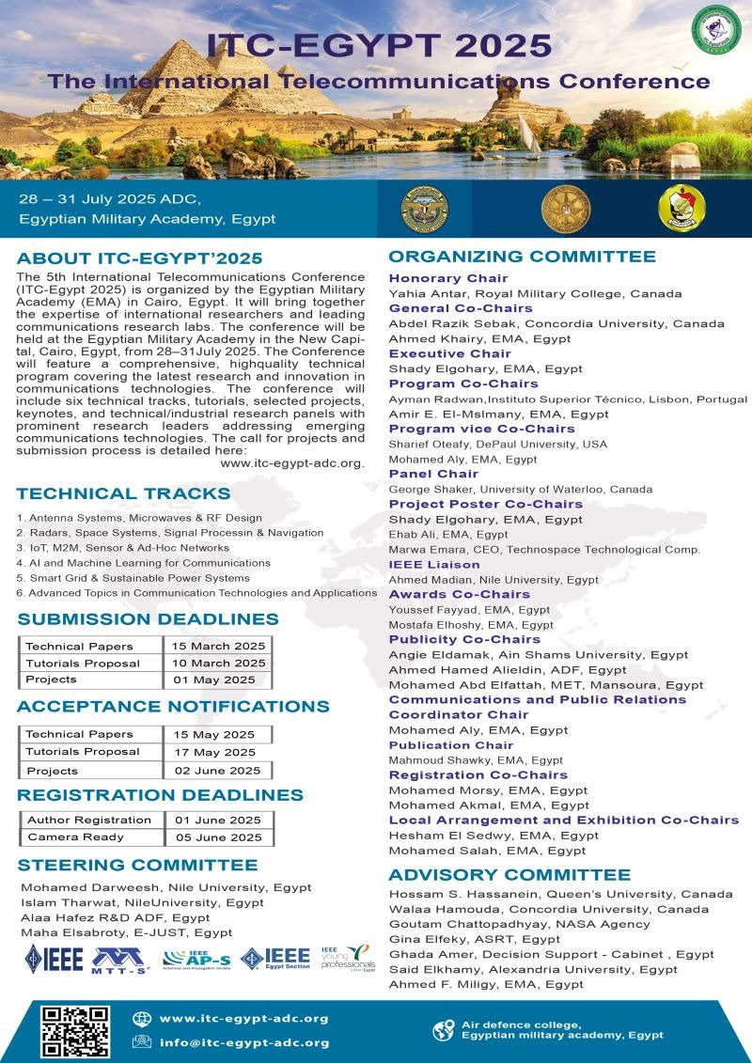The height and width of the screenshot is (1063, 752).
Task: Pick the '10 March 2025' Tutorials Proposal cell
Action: coord(217,663)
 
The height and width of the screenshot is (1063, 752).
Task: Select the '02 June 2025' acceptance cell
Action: coord(218,770)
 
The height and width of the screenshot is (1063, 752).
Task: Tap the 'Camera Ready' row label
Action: coord(63,836)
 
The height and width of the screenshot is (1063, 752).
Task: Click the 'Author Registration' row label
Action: coord(89,820)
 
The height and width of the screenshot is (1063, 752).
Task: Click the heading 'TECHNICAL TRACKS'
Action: coord(123,493)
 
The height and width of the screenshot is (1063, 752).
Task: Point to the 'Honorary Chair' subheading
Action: coord(448,278)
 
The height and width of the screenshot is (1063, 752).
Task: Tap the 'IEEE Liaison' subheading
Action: coord(434,565)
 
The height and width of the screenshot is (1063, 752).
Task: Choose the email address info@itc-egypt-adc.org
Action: coord(244,1041)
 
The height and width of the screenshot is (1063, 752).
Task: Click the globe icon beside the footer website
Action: coord(142,1018)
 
